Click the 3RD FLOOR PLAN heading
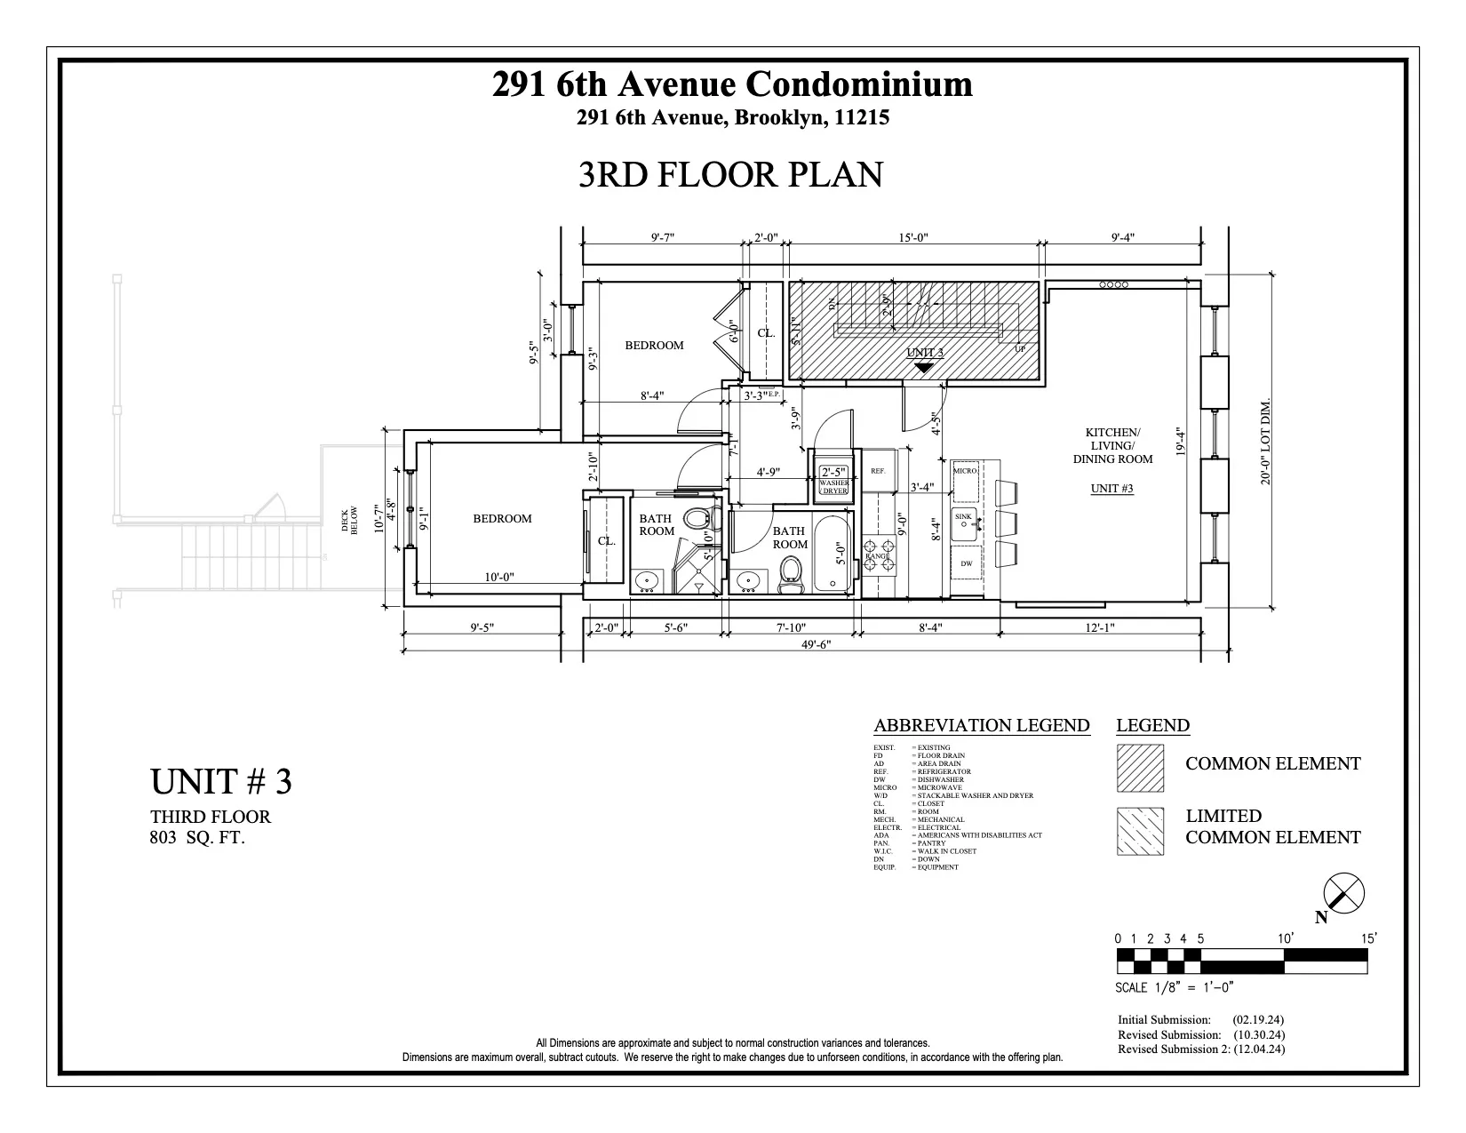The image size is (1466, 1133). (x=730, y=175)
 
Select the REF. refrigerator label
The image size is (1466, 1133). (x=878, y=471)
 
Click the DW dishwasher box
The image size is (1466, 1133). (x=966, y=564)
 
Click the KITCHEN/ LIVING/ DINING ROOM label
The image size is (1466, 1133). (x=1112, y=446)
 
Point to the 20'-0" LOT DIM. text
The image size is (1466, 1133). (x=1265, y=441)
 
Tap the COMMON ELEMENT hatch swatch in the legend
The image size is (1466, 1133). (x=1140, y=767)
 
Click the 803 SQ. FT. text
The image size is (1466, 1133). (x=196, y=837)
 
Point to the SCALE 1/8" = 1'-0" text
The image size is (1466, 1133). (x=1174, y=987)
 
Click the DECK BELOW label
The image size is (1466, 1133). (x=349, y=520)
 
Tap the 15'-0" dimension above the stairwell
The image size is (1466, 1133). (x=912, y=237)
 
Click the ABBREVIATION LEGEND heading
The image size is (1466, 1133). (x=981, y=725)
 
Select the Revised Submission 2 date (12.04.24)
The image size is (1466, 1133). (x=1258, y=1049)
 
